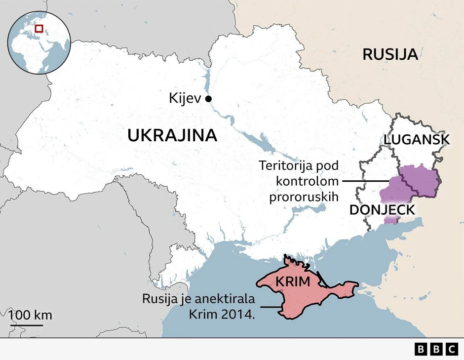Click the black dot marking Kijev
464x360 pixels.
(x=208, y=99)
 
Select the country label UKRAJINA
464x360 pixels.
(x=172, y=135)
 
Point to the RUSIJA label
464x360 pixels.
(x=390, y=54)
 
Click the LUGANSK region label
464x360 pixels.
(x=417, y=140)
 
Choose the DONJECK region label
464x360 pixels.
(x=382, y=210)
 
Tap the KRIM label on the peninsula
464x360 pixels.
(x=293, y=282)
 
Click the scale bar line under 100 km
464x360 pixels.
(x=26, y=324)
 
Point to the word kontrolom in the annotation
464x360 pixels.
(x=307, y=181)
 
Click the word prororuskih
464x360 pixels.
(x=303, y=197)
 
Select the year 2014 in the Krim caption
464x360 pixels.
(x=242, y=315)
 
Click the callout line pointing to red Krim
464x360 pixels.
(x=271, y=307)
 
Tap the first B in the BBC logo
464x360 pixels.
(x=421, y=349)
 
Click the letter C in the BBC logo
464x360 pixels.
(x=452, y=349)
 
